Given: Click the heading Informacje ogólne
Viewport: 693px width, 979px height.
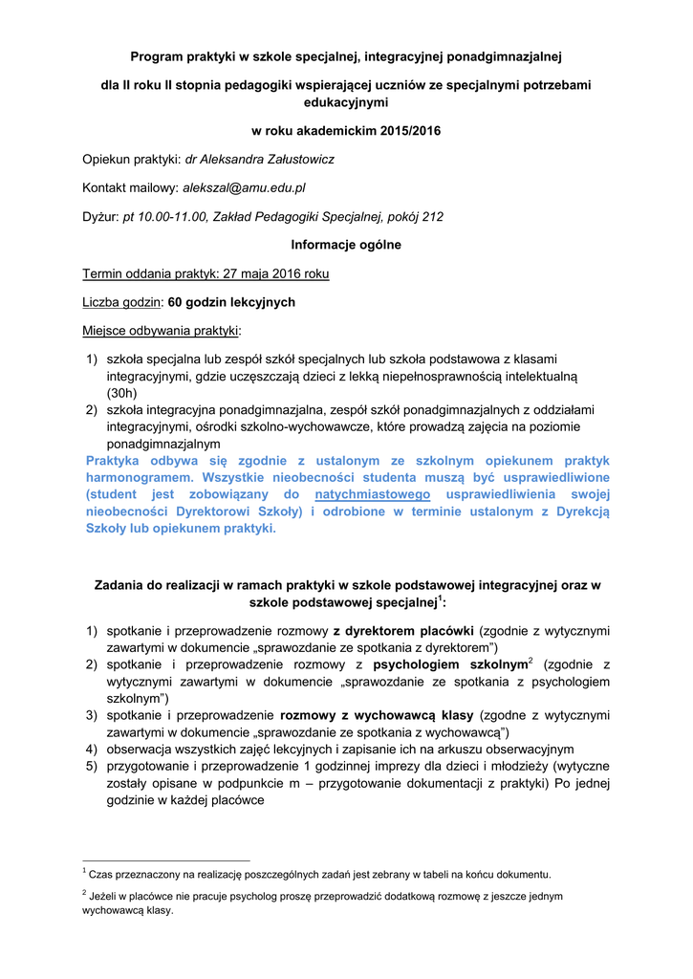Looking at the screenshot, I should tap(346, 245).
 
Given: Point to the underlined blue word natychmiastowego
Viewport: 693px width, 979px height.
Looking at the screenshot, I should tap(372, 494).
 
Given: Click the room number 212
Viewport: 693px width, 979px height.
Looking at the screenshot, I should tap(432, 216).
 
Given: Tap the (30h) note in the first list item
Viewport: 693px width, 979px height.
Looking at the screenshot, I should tap(121, 392).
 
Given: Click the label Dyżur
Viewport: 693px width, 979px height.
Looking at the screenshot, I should tap(100, 216).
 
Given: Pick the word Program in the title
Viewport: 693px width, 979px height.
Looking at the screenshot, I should tap(160, 56).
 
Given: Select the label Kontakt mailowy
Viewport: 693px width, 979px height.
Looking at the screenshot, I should tap(130, 187).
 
